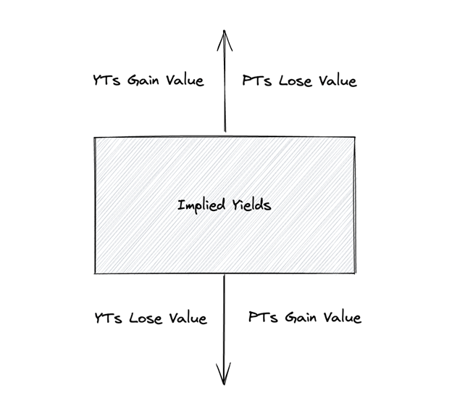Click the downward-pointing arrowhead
225,377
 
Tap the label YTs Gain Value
148,80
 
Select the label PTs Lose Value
300,81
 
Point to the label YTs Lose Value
151,318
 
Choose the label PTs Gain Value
304,318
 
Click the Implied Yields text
225,205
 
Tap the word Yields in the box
248,205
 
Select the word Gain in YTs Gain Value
144,80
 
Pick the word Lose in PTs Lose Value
296,81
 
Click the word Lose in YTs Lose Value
146,318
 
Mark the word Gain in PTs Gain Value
301,318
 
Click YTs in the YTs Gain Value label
107,80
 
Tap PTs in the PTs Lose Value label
258,81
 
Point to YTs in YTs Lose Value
109,318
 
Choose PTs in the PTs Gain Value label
262,318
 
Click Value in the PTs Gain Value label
341,318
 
